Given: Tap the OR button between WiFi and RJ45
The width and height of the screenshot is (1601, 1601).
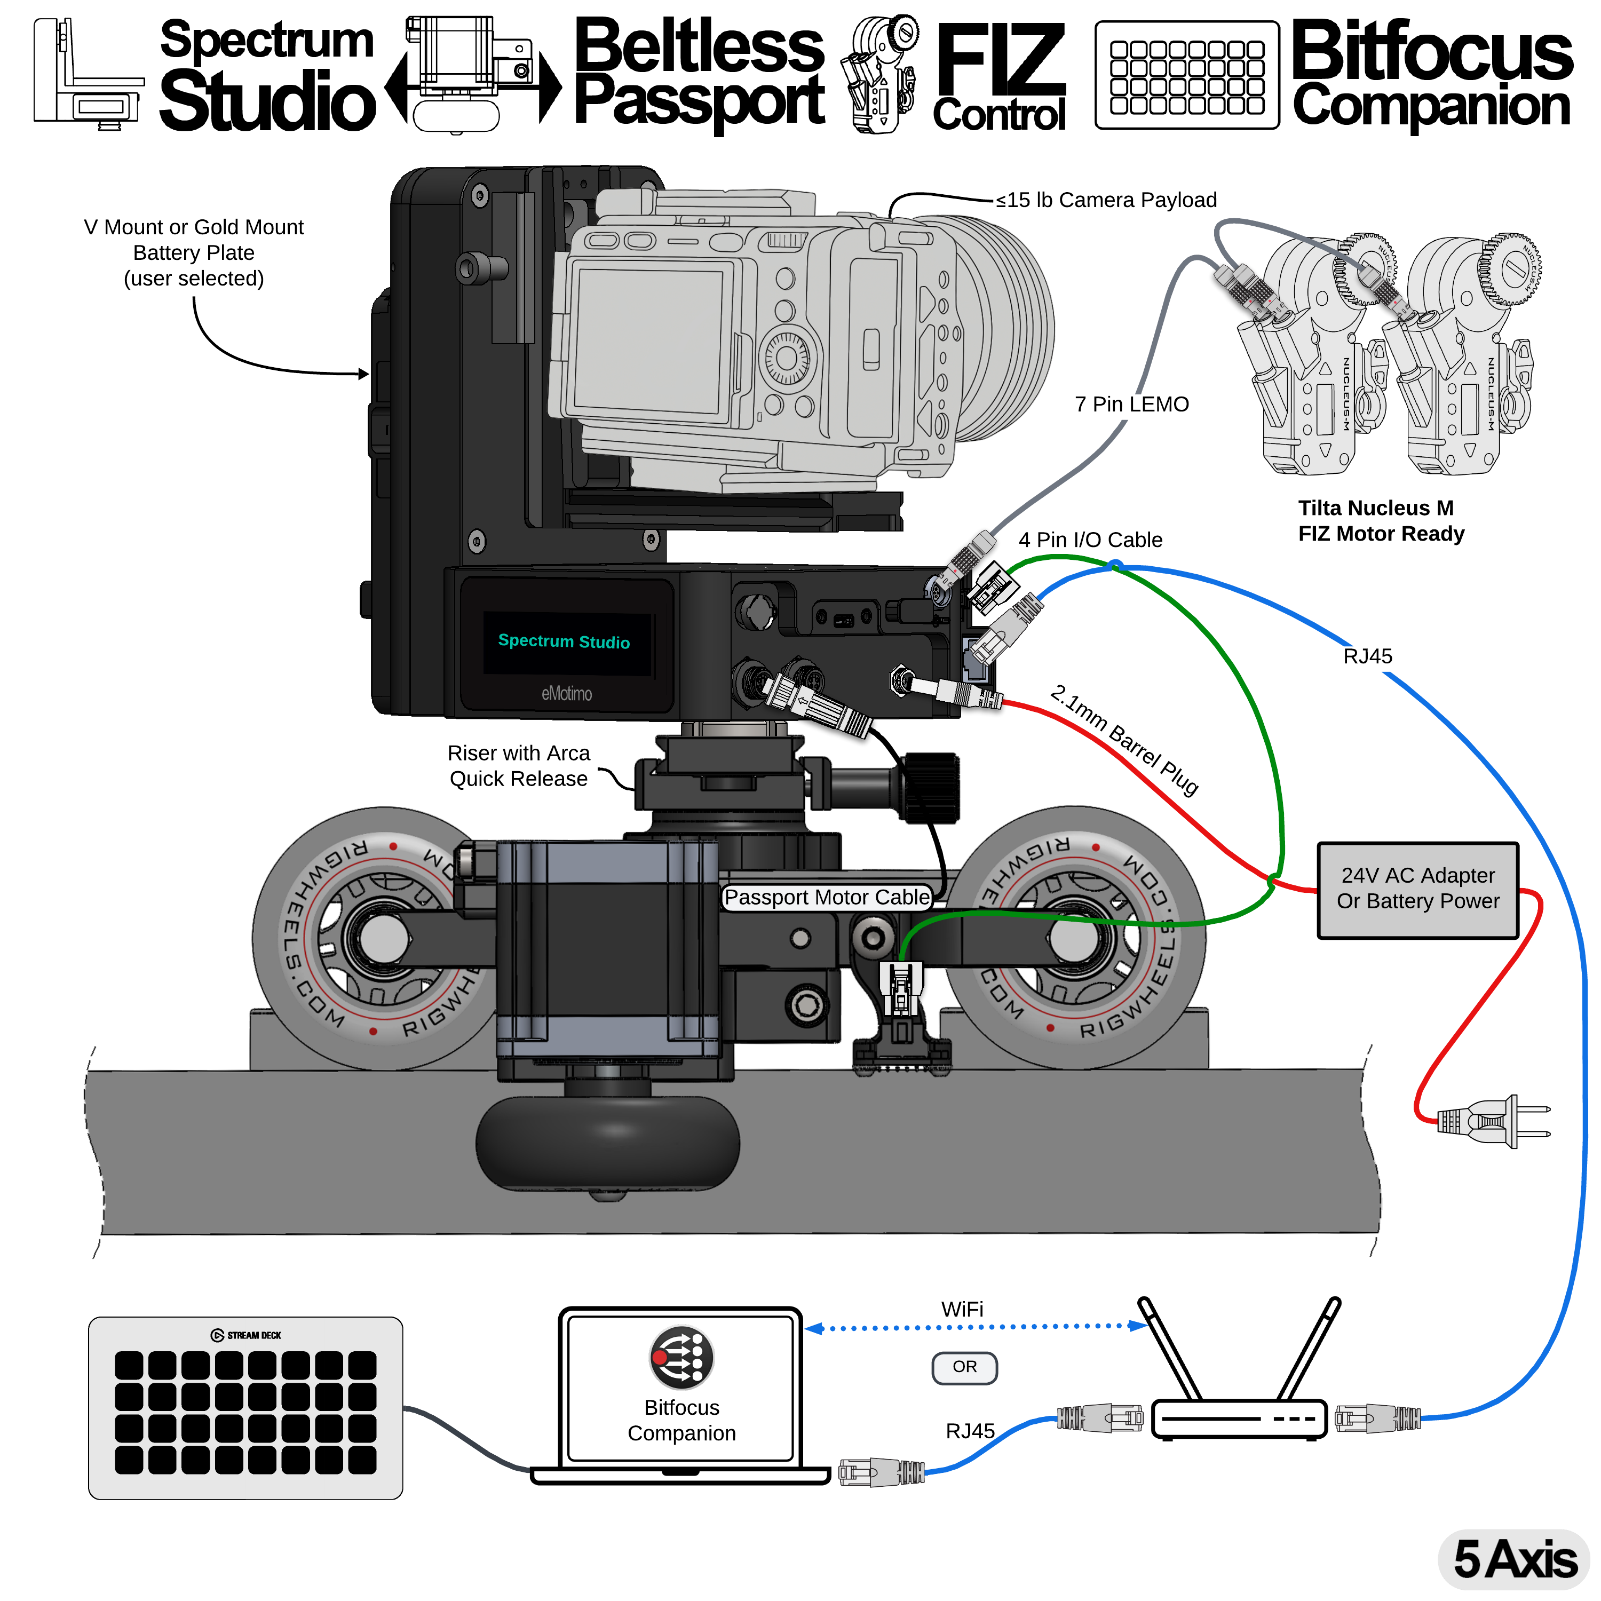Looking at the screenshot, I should [x=964, y=1367].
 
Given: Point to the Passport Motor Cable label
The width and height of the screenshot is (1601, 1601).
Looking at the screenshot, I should [x=826, y=898].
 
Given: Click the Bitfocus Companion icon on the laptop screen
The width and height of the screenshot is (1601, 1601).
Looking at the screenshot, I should [x=680, y=1357].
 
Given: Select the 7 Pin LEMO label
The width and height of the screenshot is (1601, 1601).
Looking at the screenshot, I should [x=1131, y=405].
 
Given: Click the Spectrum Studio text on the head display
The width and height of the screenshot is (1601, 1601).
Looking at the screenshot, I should [x=564, y=641].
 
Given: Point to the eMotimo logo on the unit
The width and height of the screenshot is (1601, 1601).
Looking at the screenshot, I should [x=567, y=694].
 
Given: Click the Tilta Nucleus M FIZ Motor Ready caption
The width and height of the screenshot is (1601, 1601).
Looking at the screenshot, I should [x=1381, y=520].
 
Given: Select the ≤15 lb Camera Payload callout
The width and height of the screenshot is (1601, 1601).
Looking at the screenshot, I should [x=1105, y=200].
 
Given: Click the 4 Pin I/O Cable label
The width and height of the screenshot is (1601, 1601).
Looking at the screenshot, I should [x=1090, y=540].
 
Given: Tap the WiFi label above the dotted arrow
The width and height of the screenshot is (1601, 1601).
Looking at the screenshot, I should [x=962, y=1309].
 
